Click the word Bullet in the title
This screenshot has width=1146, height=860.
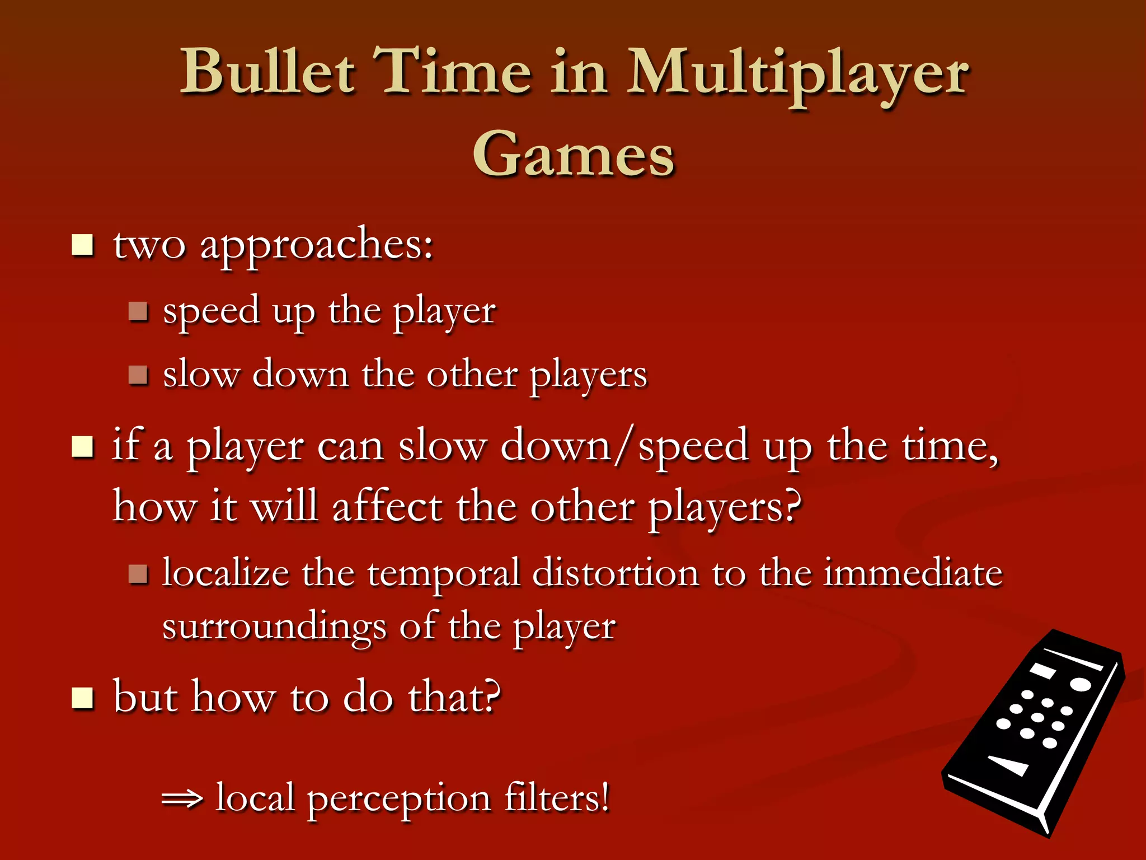pos(267,73)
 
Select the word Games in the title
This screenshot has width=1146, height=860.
pos(574,155)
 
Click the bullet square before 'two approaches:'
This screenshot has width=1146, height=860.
pos(83,245)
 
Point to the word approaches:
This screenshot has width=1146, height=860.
pos(317,246)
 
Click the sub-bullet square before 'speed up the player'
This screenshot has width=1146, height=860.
pos(138,311)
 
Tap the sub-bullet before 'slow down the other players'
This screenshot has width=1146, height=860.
pos(138,375)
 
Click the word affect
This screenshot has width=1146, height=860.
pos(387,507)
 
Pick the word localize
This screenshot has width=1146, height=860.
pos(226,573)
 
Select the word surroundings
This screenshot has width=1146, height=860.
pos(274,627)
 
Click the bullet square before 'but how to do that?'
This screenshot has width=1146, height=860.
pos(83,698)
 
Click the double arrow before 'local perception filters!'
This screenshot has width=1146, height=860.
pos(182,800)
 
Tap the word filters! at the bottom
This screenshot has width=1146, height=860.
pos(556,797)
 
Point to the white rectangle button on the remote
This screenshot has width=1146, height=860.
pos(1043,670)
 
